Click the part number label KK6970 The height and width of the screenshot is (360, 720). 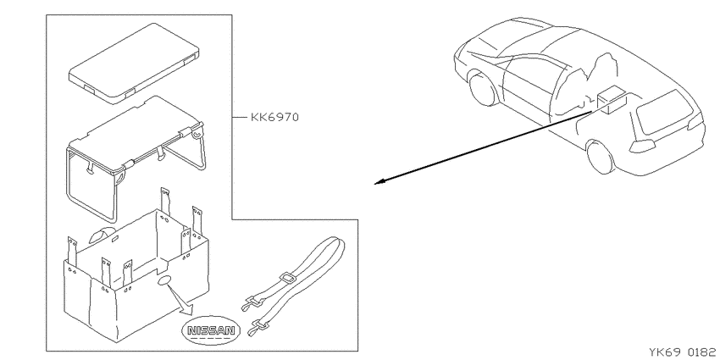coord(274,117)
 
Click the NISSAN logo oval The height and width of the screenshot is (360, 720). coord(211,330)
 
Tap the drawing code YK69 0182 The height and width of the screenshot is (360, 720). coord(684,352)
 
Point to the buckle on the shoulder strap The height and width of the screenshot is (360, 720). coord(287,280)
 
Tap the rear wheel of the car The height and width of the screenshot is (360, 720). coord(601,156)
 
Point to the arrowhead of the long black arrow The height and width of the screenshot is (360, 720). coord(379,182)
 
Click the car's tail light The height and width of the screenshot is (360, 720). coord(642,146)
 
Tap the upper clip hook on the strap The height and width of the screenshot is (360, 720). coord(252,302)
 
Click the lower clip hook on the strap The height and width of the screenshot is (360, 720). coord(258,328)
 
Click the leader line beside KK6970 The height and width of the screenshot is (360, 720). coord(239,118)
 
